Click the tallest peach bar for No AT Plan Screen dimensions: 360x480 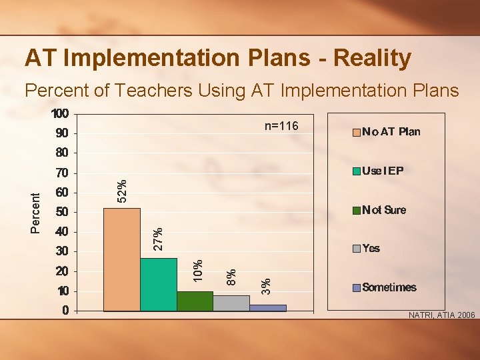coord(121,260)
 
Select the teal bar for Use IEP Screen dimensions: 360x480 coord(158,285)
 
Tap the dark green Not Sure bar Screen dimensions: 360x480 coord(195,301)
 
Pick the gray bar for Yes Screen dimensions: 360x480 coord(231,303)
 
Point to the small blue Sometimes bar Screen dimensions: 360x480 coord(268,308)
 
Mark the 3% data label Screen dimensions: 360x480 coord(266,287)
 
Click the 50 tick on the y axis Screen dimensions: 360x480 coord(61,213)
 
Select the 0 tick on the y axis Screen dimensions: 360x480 coord(65,311)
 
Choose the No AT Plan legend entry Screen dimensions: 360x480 coord(391,132)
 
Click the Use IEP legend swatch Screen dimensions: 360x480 coord(357,171)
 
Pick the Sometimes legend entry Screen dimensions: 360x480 coord(389,288)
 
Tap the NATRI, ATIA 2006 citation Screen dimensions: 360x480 coord(441,315)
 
